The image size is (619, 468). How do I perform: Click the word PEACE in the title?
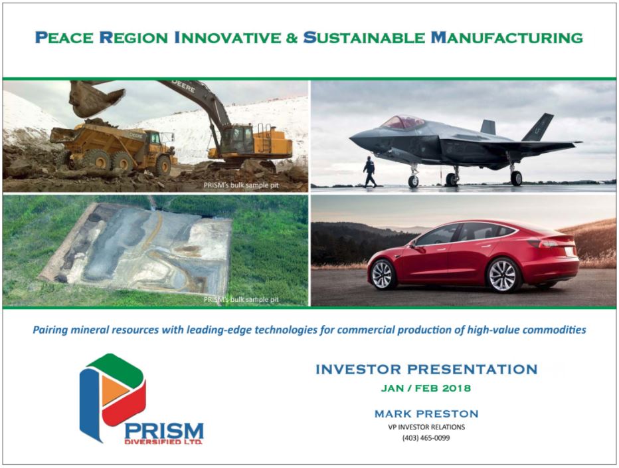coord(64,37)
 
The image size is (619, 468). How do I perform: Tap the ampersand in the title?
coord(292,38)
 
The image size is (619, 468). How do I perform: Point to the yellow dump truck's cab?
coord(154,138)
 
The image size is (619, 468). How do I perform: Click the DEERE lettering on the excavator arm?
coord(183,86)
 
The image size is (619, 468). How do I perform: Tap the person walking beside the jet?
coord(369,172)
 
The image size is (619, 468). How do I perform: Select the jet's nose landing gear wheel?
coord(413,181)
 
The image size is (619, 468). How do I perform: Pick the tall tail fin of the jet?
coord(539,127)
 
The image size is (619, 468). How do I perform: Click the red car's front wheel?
coord(383,275)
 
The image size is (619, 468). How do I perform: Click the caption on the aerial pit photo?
coord(241,300)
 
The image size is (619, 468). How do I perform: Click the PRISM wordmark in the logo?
coord(164,431)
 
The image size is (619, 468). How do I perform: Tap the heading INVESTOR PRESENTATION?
coord(426,369)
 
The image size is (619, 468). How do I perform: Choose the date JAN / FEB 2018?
coord(426,388)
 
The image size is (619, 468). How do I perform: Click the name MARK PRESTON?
coord(426,414)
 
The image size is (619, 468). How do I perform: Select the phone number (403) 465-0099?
coord(426,438)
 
